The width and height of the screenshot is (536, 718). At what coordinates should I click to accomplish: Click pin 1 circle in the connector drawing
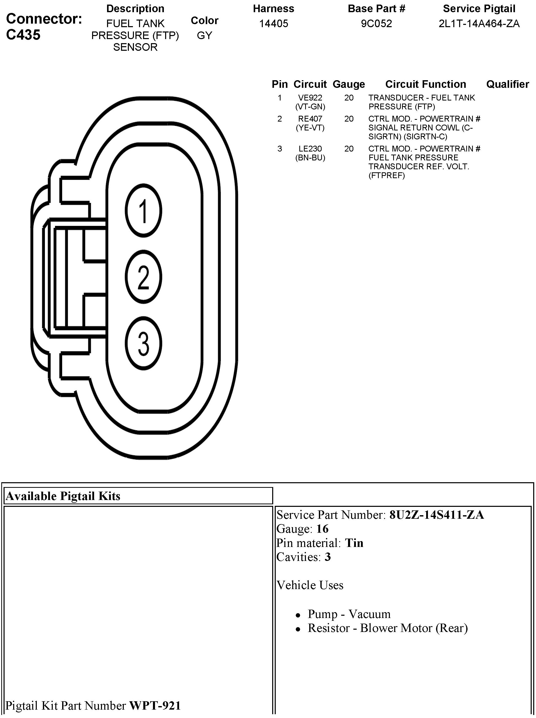coord(143,211)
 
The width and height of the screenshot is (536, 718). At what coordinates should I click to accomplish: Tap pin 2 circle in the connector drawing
coord(143,277)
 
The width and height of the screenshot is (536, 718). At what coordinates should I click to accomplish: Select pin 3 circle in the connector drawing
coord(143,343)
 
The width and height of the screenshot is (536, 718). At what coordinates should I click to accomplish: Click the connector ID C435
coord(23,35)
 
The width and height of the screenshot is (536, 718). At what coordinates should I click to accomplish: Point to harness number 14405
coord(273,23)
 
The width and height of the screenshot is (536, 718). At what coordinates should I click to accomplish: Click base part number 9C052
coord(376,23)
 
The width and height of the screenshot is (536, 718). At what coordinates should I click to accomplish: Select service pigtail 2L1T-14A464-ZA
coord(479,23)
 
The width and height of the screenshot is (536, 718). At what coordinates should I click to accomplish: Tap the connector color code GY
coord(204,35)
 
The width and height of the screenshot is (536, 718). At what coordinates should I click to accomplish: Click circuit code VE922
coord(310,98)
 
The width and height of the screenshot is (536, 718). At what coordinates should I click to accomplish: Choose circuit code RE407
coord(310,119)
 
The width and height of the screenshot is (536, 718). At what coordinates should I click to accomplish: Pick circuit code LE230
coord(310,149)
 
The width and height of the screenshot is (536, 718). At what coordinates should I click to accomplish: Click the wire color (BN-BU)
coord(310,158)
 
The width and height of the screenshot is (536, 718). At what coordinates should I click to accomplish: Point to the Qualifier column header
coord(507,84)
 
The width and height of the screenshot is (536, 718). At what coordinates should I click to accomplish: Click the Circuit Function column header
coord(425,84)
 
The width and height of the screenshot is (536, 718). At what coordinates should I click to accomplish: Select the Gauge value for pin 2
coord(349,119)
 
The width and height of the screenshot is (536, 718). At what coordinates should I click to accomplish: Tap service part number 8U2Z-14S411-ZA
coord(436,515)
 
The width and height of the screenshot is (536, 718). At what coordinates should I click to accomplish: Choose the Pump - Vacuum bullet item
coord(349,614)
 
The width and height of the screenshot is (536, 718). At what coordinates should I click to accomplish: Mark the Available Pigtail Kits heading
coord(63,496)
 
